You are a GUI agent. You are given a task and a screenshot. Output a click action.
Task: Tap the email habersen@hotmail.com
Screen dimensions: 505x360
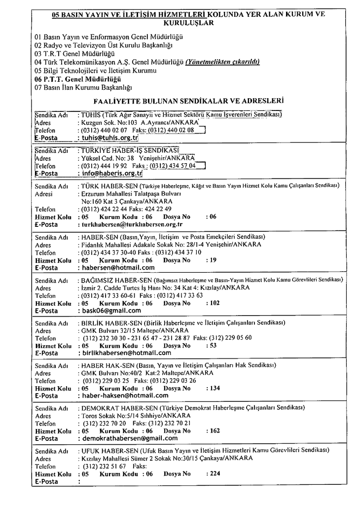point(118,267)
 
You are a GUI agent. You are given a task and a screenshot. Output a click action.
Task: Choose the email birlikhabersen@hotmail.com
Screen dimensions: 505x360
point(126,353)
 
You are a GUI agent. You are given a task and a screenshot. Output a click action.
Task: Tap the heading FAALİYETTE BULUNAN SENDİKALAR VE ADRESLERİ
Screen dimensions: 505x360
point(188,101)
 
